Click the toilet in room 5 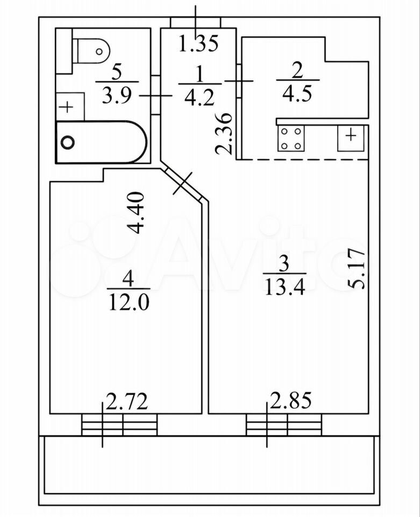click(x=92, y=51)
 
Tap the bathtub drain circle click(x=68, y=142)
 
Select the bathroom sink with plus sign click(x=70, y=107)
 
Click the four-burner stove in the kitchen click(x=291, y=138)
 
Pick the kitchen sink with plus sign click(x=351, y=138)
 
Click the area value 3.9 click(x=117, y=96)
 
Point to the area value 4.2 click(x=200, y=97)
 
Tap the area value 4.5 click(x=297, y=94)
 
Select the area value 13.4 click(x=285, y=288)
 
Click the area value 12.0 click(x=129, y=302)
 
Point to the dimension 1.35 click(x=198, y=43)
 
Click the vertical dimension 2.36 click(x=224, y=134)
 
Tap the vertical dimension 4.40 click(x=136, y=213)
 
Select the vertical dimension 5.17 click(x=357, y=269)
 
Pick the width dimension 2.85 click(x=290, y=400)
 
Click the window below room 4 click(x=119, y=425)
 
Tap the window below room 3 click(x=284, y=425)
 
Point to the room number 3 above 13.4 click(x=284, y=264)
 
